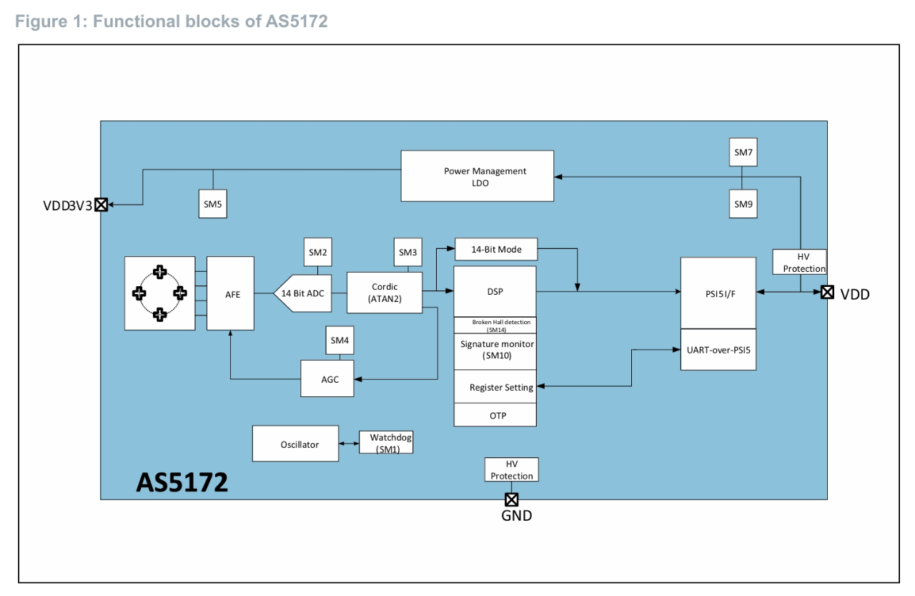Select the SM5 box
(x=212, y=205)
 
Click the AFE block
(x=230, y=293)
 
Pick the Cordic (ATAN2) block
(x=385, y=293)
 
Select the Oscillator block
(x=295, y=444)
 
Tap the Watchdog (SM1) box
(x=386, y=442)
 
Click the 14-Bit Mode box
(x=495, y=249)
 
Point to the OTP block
(x=495, y=415)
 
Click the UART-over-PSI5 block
(x=718, y=349)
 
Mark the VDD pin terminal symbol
(x=827, y=292)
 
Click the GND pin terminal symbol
(x=512, y=499)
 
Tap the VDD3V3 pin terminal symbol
(x=102, y=205)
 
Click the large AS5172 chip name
(x=182, y=483)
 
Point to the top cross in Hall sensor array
(x=160, y=272)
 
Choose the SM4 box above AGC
(x=340, y=341)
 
